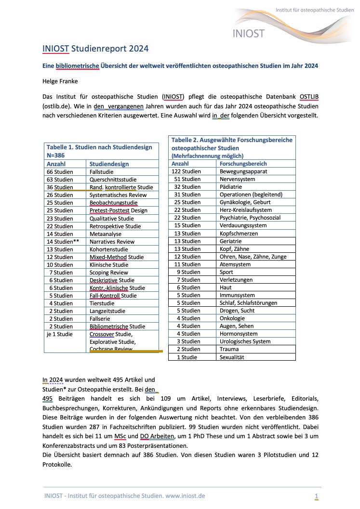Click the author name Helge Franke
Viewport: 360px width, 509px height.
[59, 81]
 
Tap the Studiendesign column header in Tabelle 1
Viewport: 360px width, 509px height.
[109, 164]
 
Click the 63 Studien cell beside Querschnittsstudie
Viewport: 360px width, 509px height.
[60, 179]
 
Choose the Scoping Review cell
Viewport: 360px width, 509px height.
[109, 273]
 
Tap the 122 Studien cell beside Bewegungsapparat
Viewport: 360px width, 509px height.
[187, 171]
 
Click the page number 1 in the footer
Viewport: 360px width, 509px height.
[316, 496]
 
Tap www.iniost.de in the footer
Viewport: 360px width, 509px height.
[185, 496]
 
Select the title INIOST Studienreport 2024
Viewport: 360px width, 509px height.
[95, 49]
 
